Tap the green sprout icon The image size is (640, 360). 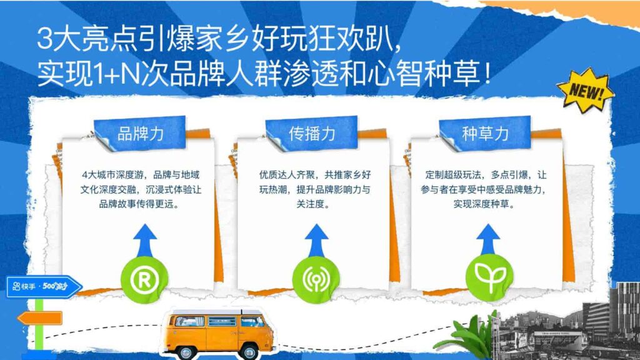489,273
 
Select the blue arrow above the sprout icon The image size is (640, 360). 489,238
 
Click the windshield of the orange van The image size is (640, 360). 252,321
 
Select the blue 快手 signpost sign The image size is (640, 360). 44,287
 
